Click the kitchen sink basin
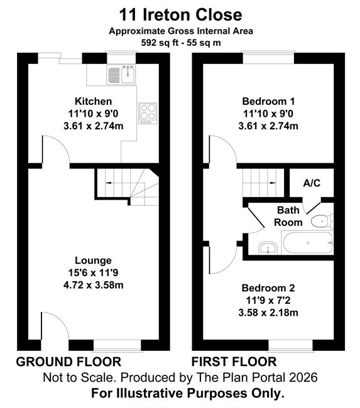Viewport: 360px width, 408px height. click(128, 75)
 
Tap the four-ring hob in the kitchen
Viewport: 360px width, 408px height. click(148, 113)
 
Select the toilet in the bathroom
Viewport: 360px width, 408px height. click(322, 222)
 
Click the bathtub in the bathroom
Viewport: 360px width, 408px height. click(308, 243)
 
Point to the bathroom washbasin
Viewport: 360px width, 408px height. click(268, 248)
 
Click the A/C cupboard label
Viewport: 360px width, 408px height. click(312, 183)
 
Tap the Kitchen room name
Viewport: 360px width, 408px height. click(93, 101)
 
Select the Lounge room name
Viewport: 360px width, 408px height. click(93, 260)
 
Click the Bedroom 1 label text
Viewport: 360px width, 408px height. click(268, 101)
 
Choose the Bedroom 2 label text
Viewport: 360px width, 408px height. click(268, 288)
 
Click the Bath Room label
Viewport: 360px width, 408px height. click(288, 216)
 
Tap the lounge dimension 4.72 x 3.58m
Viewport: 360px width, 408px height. click(93, 285)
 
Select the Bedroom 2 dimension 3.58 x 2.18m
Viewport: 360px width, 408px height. click(268, 313)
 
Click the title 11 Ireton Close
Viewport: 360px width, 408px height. click(180, 15)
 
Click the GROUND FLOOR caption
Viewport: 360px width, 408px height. click(68, 362)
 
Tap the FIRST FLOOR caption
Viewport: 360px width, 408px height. click(234, 362)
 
